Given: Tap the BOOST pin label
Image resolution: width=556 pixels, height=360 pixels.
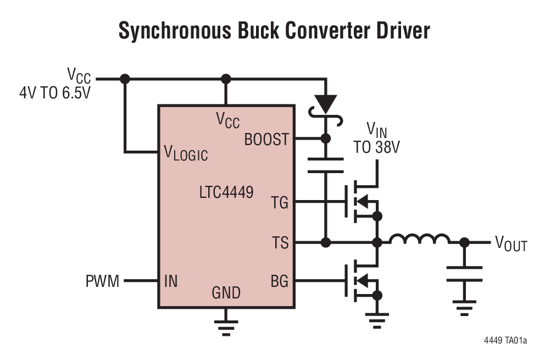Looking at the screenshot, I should pyautogui.click(x=266, y=140).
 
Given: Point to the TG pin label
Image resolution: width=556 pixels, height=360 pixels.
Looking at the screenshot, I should pyautogui.click(x=279, y=203).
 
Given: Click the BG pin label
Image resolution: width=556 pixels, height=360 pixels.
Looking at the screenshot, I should pyautogui.click(x=279, y=281).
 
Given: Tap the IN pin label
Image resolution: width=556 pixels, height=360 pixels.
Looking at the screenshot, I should pyautogui.click(x=170, y=281).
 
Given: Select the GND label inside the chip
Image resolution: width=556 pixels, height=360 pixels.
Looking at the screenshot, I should pyautogui.click(x=226, y=293).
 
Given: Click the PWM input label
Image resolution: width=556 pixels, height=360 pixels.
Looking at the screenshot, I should pyautogui.click(x=102, y=281).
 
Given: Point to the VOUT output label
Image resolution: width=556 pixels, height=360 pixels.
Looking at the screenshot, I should pyautogui.click(x=511, y=243).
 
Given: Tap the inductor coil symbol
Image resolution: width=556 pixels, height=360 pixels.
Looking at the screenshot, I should pyautogui.click(x=419, y=240).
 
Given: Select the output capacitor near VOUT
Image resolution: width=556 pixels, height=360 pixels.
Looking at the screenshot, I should pyautogui.click(x=464, y=273).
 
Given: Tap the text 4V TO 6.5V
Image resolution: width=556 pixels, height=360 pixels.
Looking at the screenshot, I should pyautogui.click(x=55, y=92).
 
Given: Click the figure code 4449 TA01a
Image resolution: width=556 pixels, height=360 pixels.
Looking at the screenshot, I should pyautogui.click(x=505, y=341).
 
